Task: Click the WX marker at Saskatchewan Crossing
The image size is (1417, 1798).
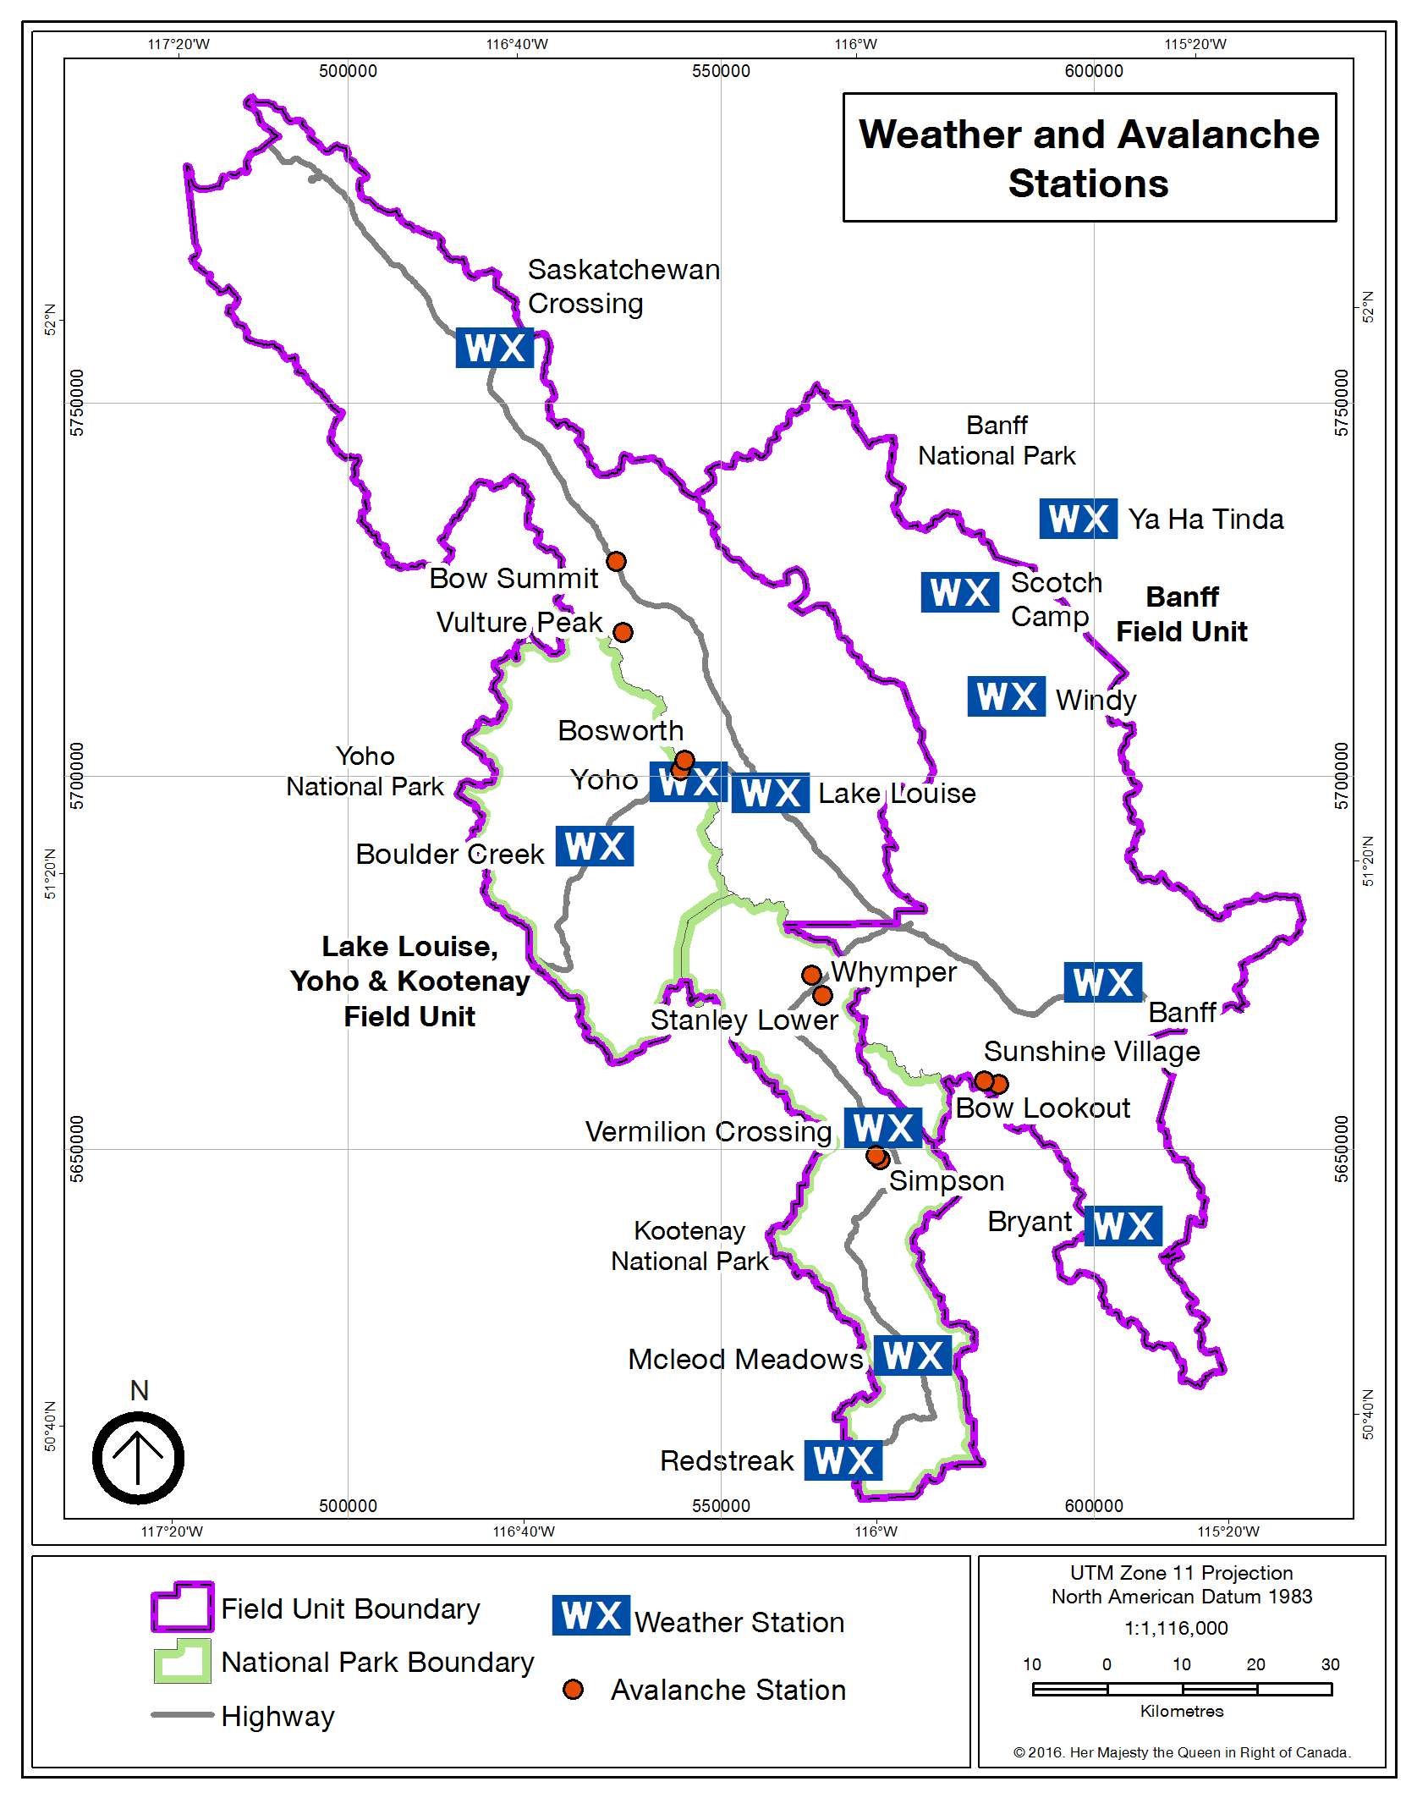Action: [494, 348]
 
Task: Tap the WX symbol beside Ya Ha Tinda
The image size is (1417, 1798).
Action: [1078, 519]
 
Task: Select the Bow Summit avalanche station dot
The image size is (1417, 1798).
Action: [616, 561]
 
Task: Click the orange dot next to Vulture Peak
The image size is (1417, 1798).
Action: [623, 632]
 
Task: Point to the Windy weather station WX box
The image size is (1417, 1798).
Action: [1006, 696]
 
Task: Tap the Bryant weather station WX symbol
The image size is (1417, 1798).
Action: [1123, 1226]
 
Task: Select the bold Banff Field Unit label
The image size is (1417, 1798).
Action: [1182, 614]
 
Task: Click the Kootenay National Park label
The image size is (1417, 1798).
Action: [689, 1245]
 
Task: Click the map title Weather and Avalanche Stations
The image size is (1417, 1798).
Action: [1089, 158]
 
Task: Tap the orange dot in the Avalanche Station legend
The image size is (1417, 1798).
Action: [573, 1690]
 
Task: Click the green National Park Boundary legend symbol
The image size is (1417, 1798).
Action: [181, 1662]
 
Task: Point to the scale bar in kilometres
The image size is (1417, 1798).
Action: [1181, 1689]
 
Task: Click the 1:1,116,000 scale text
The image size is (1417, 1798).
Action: [1176, 1627]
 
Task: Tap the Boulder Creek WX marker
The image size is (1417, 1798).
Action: [594, 846]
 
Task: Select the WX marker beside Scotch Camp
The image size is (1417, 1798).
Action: [959, 592]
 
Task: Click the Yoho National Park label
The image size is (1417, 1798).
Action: [365, 771]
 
